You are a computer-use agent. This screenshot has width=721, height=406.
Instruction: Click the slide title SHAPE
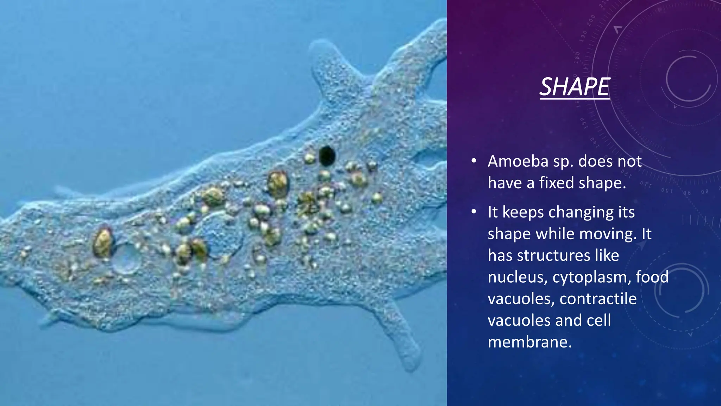(x=575, y=87)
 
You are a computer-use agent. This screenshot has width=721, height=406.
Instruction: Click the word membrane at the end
(x=530, y=342)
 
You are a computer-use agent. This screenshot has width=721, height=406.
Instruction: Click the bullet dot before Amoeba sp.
(x=474, y=161)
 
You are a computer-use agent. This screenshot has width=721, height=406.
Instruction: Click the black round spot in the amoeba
(x=327, y=156)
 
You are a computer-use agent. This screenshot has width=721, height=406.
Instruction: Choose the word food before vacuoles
(x=652, y=277)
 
